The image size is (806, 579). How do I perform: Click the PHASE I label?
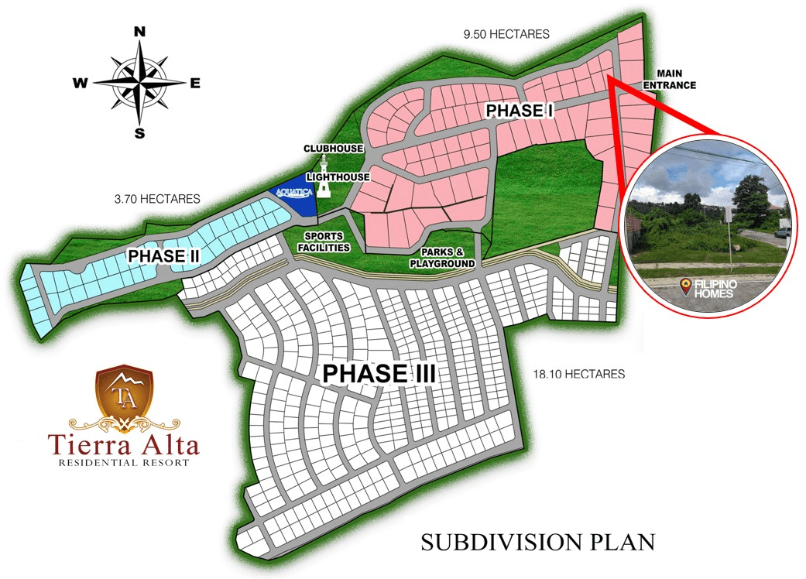pyautogui.click(x=519, y=111)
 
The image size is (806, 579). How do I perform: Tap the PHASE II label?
pyautogui.click(x=164, y=255)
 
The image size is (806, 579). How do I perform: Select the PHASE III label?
pyautogui.click(x=379, y=373)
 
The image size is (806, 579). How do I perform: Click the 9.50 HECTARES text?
pyautogui.click(x=506, y=34)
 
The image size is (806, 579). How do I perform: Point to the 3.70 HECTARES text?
pyautogui.click(x=157, y=199)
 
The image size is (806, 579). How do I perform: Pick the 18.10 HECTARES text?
pyautogui.click(x=578, y=374)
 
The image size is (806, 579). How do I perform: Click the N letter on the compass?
pyautogui.click(x=139, y=32)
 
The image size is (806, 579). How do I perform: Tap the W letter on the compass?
pyautogui.click(x=80, y=84)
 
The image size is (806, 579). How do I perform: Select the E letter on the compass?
pyautogui.click(x=195, y=84)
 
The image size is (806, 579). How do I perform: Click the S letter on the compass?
pyautogui.click(x=139, y=132)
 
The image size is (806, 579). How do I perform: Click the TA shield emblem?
pyautogui.click(x=125, y=395)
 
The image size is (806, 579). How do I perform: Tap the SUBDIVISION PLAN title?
pyautogui.click(x=537, y=542)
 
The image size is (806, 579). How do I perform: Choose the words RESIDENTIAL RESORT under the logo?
pyautogui.click(x=124, y=463)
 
